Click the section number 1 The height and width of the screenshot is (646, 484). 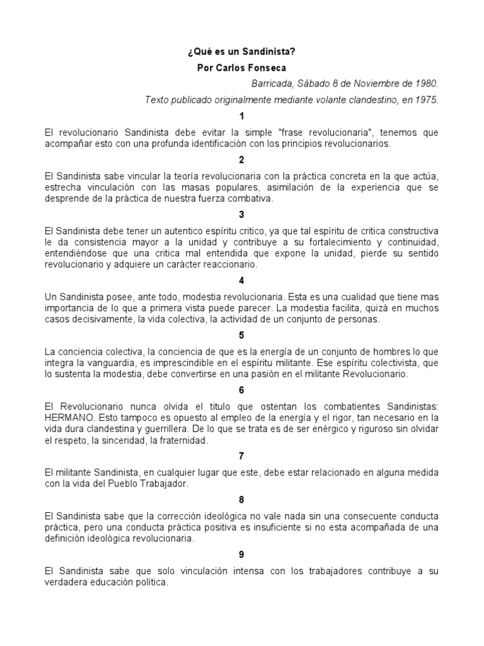click(241, 116)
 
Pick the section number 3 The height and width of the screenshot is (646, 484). click(241, 214)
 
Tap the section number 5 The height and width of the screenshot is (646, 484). click(241, 335)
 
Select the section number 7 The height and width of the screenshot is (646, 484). click(241, 455)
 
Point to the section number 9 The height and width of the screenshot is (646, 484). click(241, 555)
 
